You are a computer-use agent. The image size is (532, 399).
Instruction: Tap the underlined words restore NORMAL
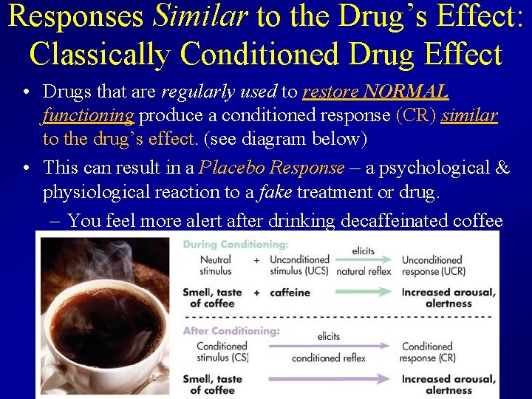(375, 92)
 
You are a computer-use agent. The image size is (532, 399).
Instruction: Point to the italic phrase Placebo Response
(272, 168)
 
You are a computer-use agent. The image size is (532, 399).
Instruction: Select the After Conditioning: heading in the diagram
(231, 330)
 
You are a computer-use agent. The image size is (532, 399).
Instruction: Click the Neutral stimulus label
(215, 265)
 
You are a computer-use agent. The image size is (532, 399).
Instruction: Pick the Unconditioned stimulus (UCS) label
(299, 265)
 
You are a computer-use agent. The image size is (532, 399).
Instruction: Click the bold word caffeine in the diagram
(290, 293)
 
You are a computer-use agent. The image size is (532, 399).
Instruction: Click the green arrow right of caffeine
(363, 293)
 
